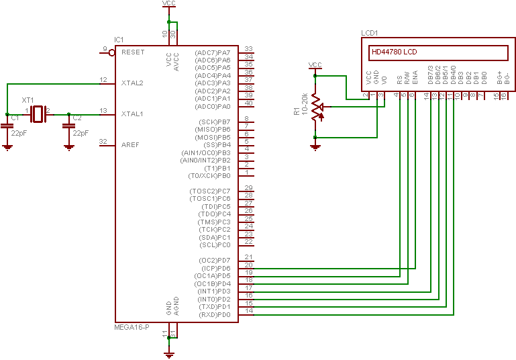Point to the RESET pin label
133,52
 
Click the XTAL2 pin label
132,83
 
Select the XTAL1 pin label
132,114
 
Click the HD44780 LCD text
394,52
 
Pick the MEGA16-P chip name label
132,327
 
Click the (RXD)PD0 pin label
214,314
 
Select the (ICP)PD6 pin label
214,268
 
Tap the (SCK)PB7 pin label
213,122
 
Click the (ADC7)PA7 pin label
212,52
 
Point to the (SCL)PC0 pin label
214,244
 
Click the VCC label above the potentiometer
315,64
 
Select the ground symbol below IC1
170,352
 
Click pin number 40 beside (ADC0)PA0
248,103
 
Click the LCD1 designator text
370,33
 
